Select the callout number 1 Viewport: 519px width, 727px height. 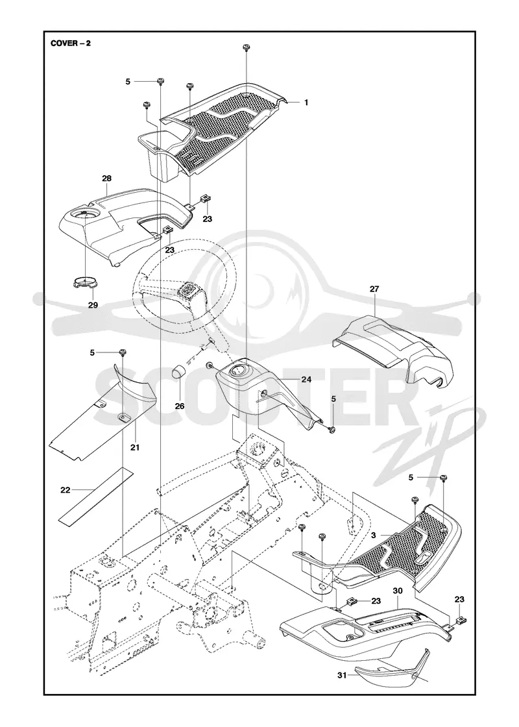point(306,103)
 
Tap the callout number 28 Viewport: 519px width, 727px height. point(106,179)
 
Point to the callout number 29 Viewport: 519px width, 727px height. point(93,305)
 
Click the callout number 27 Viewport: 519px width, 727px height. point(374,289)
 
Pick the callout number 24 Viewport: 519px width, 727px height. point(306,380)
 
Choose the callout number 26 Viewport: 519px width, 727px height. point(180,406)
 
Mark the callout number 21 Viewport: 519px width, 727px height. point(134,448)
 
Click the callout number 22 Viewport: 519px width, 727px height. point(66,490)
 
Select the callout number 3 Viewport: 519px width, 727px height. point(373,535)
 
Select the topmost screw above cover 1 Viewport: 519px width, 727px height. point(246,48)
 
